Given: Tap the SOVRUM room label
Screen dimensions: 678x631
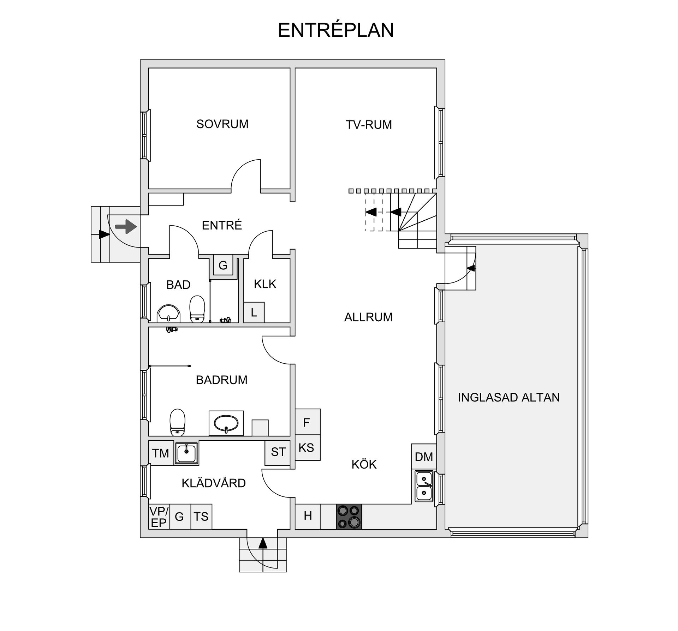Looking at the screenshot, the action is click(x=222, y=124).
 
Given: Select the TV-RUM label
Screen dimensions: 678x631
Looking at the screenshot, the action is click(x=369, y=125).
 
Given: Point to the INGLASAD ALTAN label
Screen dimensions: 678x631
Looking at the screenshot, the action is click(x=509, y=397).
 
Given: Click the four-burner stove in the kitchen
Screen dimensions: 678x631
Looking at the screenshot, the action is click(x=349, y=517).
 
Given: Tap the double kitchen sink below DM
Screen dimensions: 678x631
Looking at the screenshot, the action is click(x=424, y=486).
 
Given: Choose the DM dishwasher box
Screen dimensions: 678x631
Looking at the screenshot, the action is click(x=424, y=457).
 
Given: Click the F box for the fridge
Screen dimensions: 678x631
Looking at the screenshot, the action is click(x=308, y=422).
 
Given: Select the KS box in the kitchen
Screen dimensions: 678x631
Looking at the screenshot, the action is click(x=308, y=447).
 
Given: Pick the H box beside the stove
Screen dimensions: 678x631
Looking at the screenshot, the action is click(x=308, y=516).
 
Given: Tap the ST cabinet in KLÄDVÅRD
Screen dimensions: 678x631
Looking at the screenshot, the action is click(x=278, y=453).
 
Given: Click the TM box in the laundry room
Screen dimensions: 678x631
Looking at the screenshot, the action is click(x=161, y=453).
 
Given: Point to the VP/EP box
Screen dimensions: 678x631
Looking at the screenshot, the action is click(x=159, y=516).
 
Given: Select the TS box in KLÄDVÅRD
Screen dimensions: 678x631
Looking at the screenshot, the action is click(x=201, y=516).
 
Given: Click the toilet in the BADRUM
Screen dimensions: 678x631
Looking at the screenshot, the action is click(x=177, y=422).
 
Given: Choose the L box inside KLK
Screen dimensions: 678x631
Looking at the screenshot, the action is click(x=254, y=312).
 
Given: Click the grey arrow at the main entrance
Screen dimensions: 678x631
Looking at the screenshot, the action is click(x=126, y=226).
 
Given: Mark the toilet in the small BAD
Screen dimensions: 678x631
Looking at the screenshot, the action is click(x=197, y=309).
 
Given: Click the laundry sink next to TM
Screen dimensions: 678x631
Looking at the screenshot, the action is click(x=186, y=453).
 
